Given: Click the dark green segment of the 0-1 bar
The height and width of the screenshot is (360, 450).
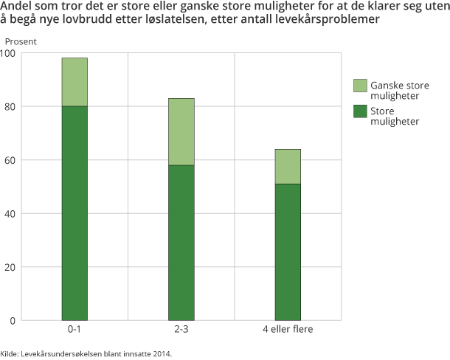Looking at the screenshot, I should [75, 213].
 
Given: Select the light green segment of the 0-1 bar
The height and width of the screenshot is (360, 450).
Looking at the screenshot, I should [75, 82].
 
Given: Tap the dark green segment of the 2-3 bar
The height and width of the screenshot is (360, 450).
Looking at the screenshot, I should [181, 243].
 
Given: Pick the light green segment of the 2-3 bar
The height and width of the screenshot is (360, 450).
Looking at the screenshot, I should [181, 131].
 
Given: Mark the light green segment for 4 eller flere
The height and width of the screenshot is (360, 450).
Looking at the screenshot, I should [288, 166].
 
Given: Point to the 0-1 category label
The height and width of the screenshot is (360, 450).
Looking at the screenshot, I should [75, 329].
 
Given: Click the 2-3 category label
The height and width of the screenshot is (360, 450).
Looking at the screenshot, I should [181, 329].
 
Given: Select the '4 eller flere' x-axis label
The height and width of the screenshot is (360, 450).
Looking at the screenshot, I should [288, 329].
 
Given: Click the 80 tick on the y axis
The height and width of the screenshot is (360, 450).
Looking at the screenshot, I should [11, 106].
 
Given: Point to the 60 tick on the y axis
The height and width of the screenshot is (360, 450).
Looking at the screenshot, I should [11, 160].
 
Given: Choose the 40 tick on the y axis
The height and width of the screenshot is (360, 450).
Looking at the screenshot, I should [11, 214].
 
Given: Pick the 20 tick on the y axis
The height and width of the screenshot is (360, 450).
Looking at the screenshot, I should [11, 267].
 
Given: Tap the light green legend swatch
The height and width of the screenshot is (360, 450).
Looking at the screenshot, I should [361, 86].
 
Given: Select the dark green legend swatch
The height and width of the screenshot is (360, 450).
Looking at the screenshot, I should [361, 111].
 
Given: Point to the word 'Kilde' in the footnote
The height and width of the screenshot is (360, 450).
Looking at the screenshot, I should [10, 354].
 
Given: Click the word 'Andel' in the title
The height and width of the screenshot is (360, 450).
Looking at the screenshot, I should [17, 7].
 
